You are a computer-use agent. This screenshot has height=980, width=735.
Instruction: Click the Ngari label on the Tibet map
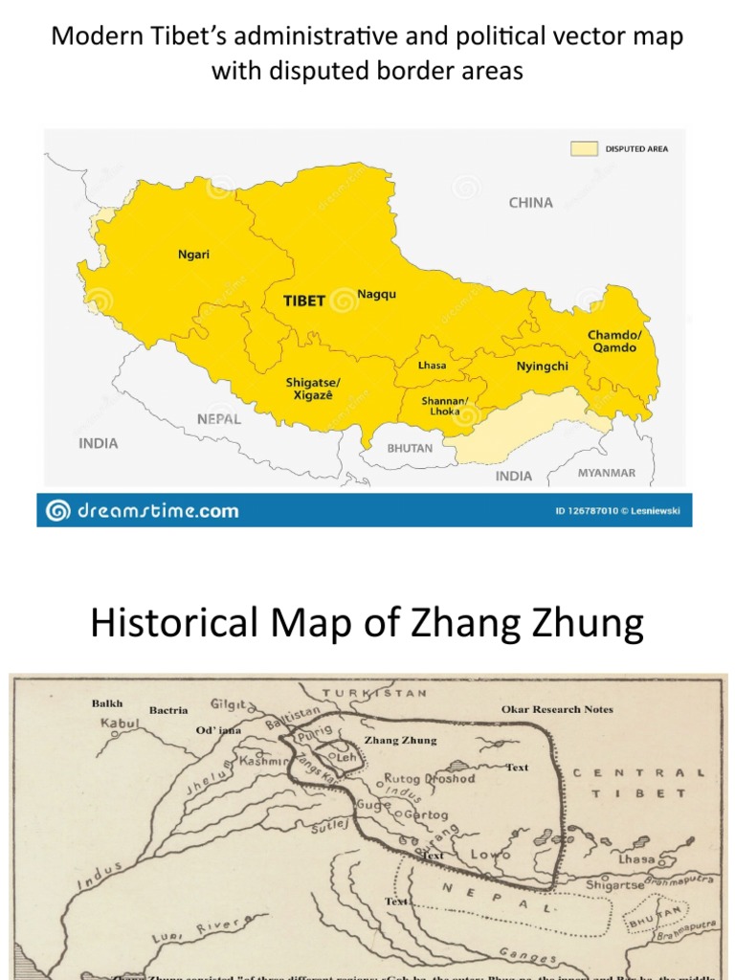193,255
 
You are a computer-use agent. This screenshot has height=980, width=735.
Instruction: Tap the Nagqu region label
376,295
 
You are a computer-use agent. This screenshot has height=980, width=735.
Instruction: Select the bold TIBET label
304,300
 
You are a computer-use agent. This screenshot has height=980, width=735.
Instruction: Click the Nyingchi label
543,366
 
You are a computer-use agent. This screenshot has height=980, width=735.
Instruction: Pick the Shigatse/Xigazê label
313,389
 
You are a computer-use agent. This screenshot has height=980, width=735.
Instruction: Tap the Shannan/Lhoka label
444,406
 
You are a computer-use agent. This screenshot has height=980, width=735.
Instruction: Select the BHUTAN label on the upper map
410,448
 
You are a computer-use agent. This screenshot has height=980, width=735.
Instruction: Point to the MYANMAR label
606,473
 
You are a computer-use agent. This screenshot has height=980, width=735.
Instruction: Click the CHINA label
530,203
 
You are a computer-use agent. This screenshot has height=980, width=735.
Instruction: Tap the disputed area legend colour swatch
583,149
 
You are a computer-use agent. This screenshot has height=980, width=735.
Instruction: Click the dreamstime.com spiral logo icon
57,510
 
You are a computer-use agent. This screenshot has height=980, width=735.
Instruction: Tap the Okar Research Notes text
557,709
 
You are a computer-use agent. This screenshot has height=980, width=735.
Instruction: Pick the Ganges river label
528,956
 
